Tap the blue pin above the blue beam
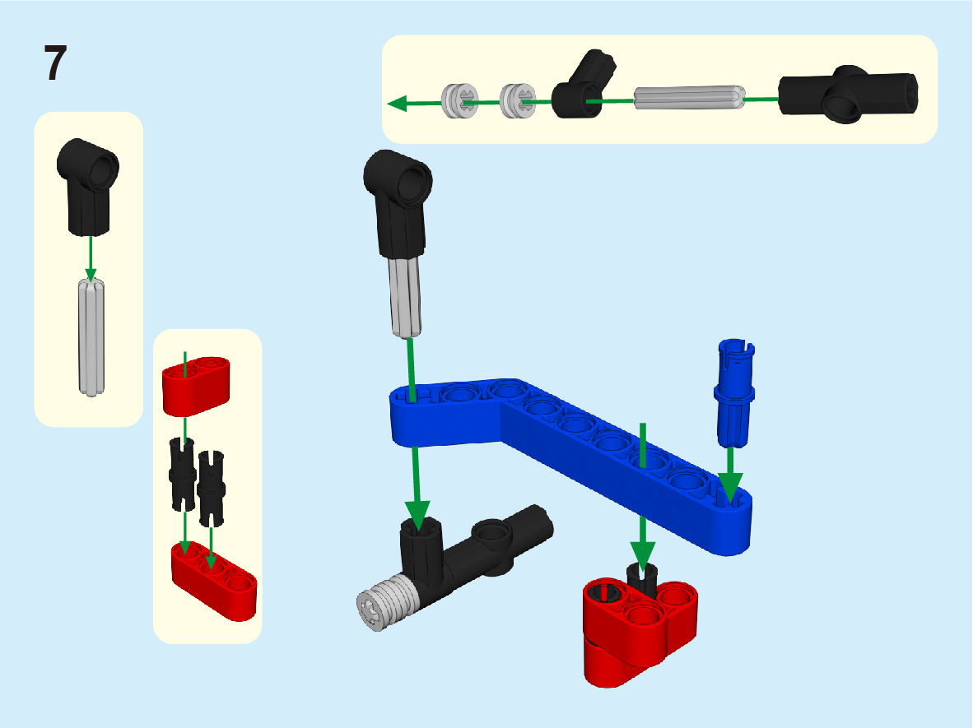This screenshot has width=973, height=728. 734,392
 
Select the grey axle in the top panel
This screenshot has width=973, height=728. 689,97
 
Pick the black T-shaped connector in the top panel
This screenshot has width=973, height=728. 848,94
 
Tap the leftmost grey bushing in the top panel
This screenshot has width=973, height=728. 460,100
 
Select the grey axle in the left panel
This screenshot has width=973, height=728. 91,337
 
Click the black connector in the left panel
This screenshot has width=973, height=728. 87,186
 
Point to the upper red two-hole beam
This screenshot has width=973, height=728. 196,386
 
